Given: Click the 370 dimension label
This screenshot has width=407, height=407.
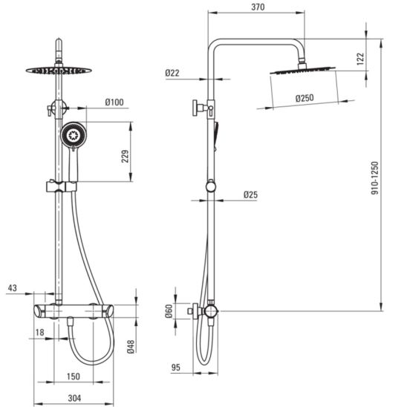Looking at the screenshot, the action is [258, 7].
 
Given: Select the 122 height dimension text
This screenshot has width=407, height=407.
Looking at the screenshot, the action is [360, 59].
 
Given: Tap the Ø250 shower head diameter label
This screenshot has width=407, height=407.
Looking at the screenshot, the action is [305, 98].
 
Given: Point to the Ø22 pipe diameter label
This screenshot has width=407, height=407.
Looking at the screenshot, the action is [172, 73].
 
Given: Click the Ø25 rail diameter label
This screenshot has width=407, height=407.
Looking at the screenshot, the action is [250, 195].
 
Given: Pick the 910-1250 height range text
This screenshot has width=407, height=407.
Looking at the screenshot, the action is [375, 178].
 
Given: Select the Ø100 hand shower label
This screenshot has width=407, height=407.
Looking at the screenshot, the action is [114, 102].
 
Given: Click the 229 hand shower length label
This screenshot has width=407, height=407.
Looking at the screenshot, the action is [125, 156].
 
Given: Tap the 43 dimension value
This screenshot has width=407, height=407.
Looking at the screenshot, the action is [12, 288].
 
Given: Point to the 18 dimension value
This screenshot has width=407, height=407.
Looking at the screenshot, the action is [39, 332].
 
